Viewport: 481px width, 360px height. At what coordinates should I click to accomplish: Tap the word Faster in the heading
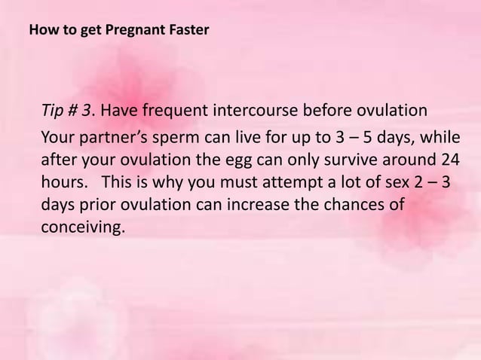(186, 32)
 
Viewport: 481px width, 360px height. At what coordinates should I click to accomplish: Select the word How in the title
(40, 32)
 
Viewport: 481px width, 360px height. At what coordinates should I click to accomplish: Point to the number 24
(447, 161)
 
